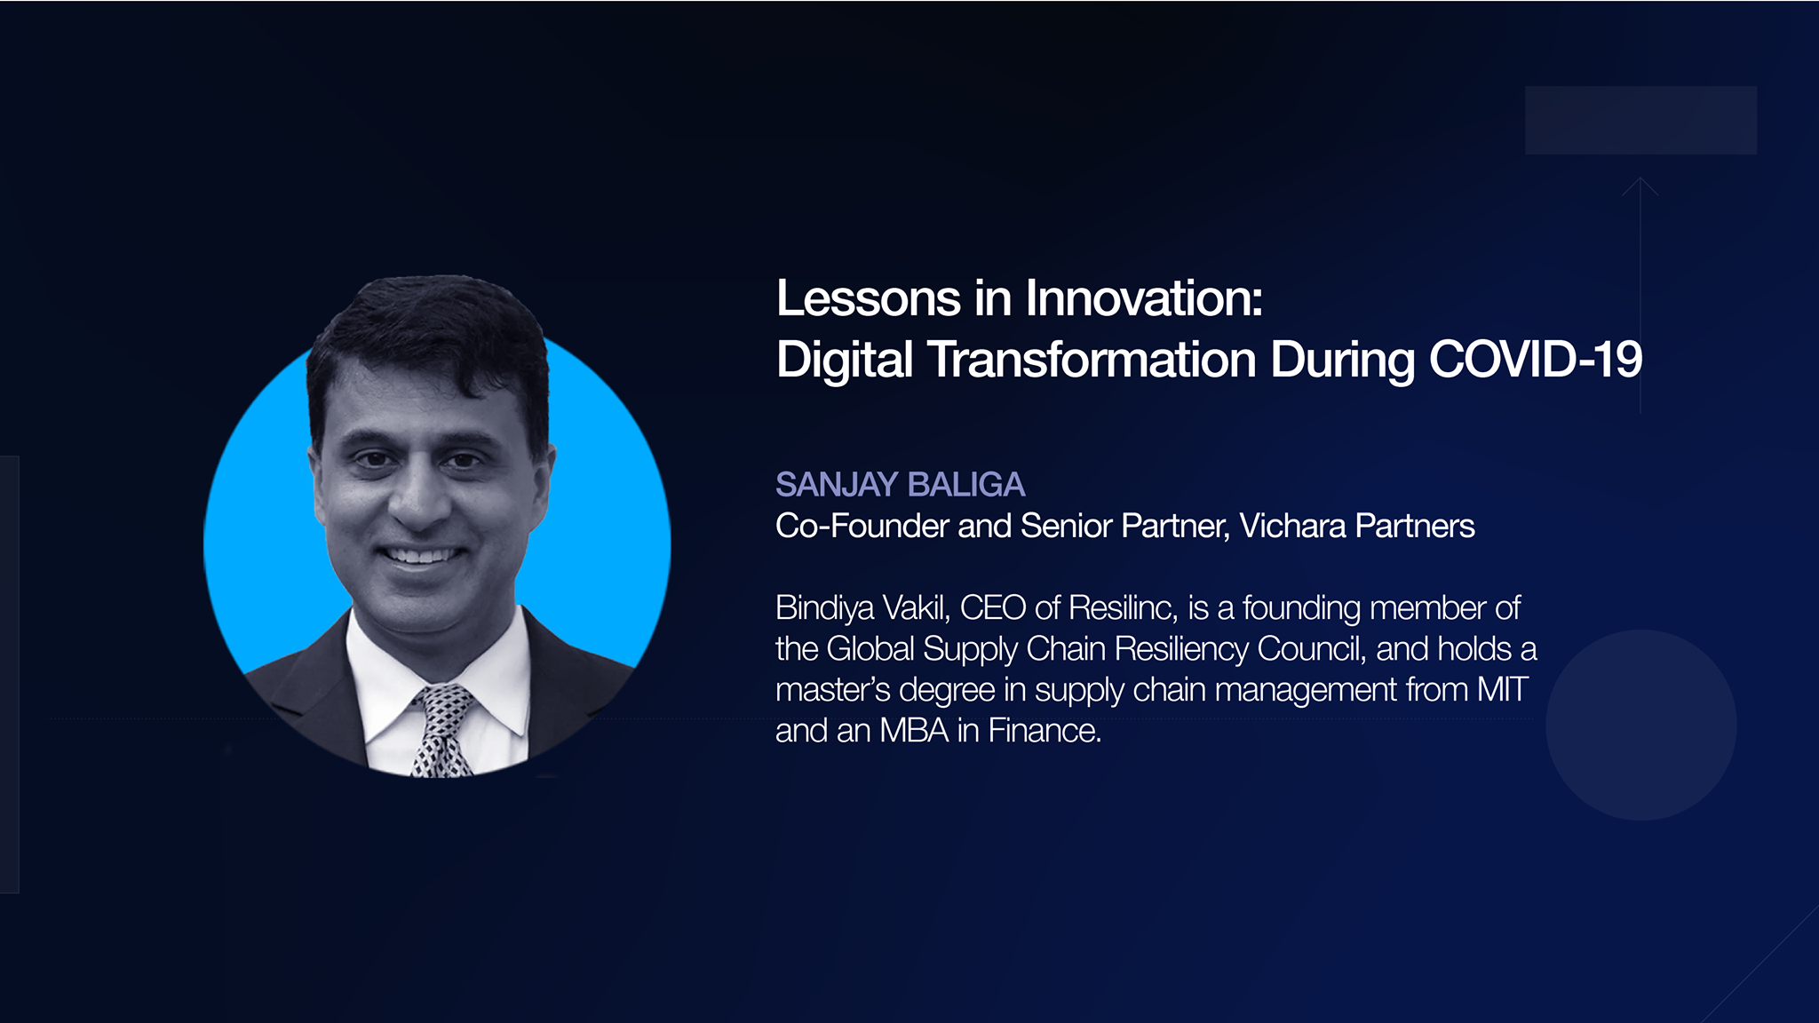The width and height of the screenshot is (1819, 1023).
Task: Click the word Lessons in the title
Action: [x=869, y=298]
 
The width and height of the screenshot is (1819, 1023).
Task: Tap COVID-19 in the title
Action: [x=1536, y=360]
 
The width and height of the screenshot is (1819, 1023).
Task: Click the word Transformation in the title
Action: [x=1092, y=360]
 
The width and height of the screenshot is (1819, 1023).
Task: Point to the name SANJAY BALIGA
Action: [x=900, y=485]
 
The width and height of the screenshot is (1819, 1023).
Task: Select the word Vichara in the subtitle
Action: [x=1292, y=526]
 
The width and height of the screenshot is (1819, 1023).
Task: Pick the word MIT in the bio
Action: [x=1503, y=690]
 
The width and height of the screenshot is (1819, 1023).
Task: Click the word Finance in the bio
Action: [x=1045, y=731]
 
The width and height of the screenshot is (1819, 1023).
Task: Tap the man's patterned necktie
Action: [x=441, y=730]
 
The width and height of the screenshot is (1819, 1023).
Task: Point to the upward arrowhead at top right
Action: [x=1640, y=186]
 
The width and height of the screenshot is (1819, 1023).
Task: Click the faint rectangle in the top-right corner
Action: [x=1640, y=120]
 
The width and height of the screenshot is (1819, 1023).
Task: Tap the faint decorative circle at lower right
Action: [x=1641, y=725]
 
